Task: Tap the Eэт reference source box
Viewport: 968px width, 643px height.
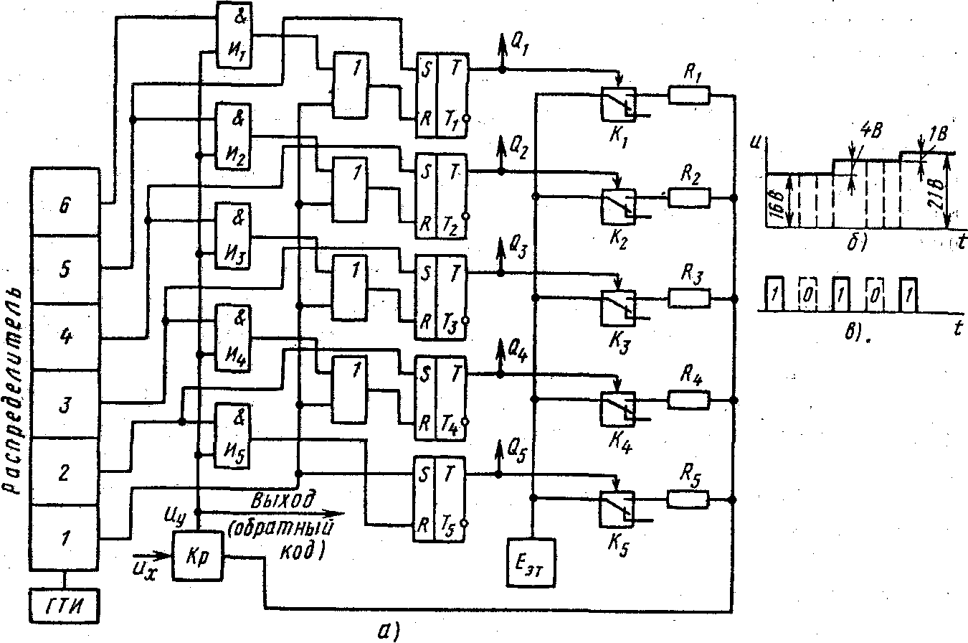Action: [x=531, y=560]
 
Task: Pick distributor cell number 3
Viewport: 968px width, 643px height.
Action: [x=65, y=404]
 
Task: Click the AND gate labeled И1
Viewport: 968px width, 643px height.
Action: [x=234, y=34]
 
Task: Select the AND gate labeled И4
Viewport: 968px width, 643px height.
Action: [x=234, y=335]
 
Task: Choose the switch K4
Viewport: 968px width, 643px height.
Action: [x=617, y=408]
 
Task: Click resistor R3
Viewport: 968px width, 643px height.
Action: [x=689, y=296]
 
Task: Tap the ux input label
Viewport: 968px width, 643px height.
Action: [x=144, y=567]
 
